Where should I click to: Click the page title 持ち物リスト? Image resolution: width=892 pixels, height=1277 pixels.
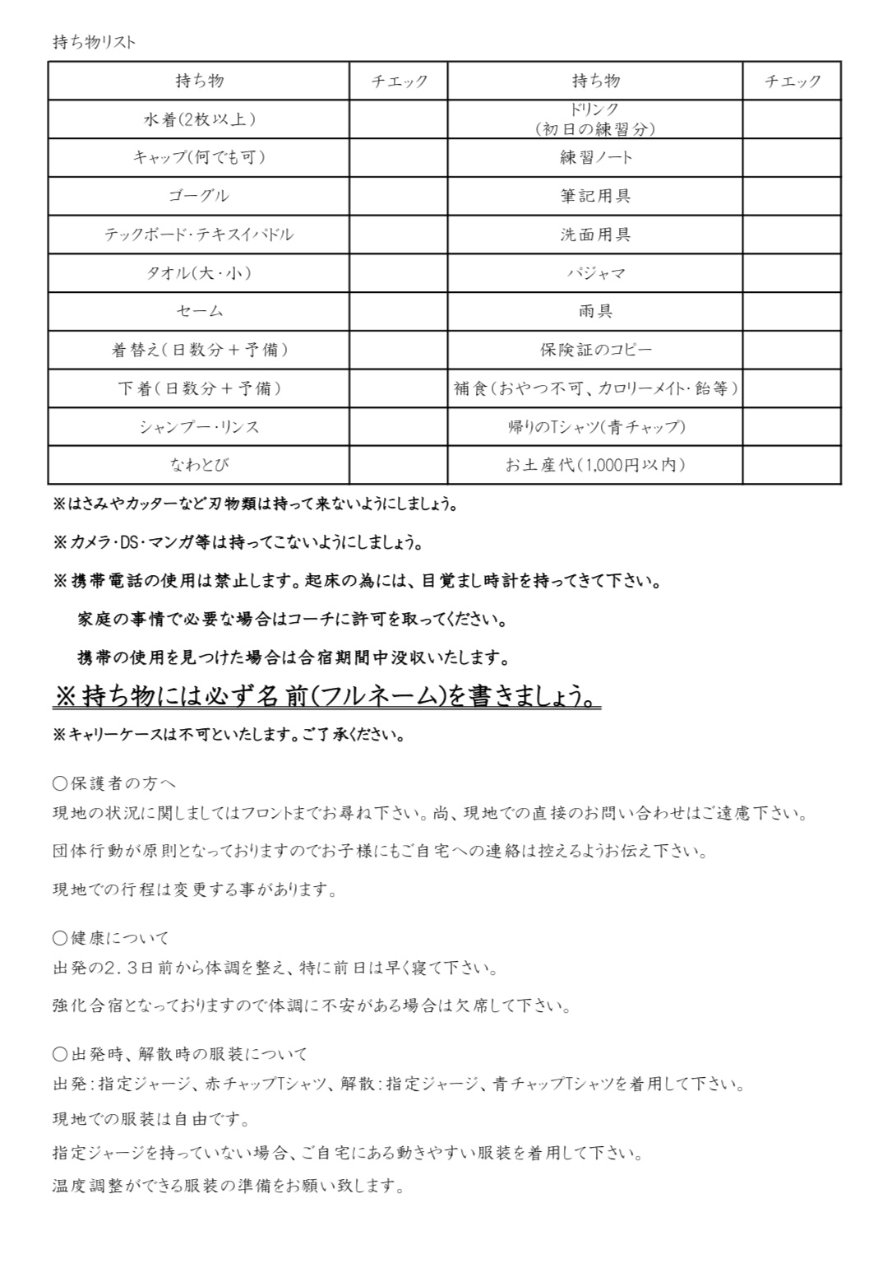94,42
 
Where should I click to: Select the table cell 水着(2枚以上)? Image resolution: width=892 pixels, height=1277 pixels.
199,119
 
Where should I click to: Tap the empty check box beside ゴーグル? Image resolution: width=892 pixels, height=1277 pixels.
398,196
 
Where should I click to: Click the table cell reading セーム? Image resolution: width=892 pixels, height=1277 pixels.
199,311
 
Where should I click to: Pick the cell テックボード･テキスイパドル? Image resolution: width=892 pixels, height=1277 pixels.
199,235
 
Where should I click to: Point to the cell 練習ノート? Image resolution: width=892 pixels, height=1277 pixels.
595,157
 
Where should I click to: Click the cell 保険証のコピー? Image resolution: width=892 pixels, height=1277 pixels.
595,350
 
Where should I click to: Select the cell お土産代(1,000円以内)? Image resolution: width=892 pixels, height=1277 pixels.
595,465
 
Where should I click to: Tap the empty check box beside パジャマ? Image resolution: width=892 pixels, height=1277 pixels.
791,272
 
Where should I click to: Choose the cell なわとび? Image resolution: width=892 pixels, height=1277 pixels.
199,465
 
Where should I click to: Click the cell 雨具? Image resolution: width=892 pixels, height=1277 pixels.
595,311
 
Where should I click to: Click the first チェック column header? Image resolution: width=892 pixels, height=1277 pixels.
399,81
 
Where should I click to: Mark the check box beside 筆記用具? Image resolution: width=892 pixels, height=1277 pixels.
791,196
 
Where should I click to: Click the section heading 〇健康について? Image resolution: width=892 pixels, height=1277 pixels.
110,937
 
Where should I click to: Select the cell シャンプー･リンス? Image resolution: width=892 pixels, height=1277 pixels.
199,427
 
